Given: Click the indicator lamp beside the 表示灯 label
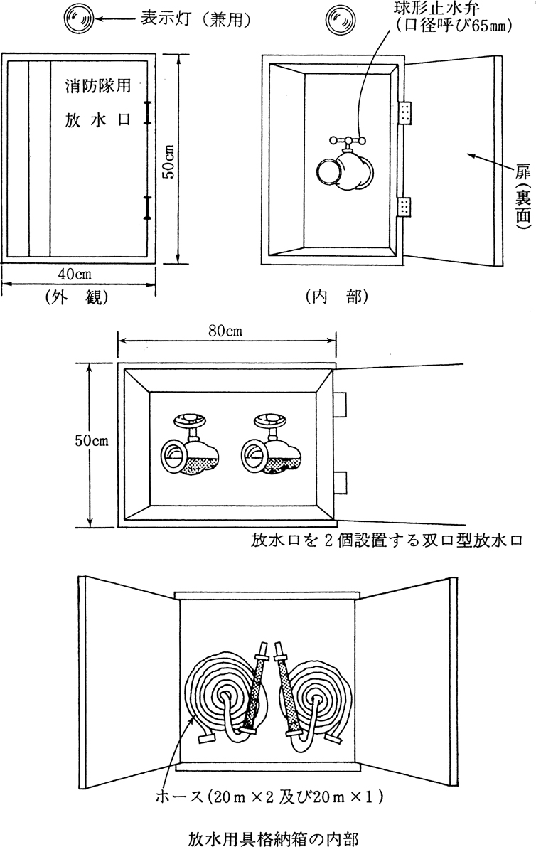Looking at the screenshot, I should pos(78,19).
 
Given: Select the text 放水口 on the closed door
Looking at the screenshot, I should pos(95,120).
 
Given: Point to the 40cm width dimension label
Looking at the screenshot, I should pos(74,273).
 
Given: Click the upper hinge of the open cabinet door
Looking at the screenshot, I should pos(405,112).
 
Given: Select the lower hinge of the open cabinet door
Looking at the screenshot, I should pos(405,207).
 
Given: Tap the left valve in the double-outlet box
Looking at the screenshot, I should pos(189,444).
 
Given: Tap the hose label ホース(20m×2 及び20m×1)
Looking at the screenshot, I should pos(271,794).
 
